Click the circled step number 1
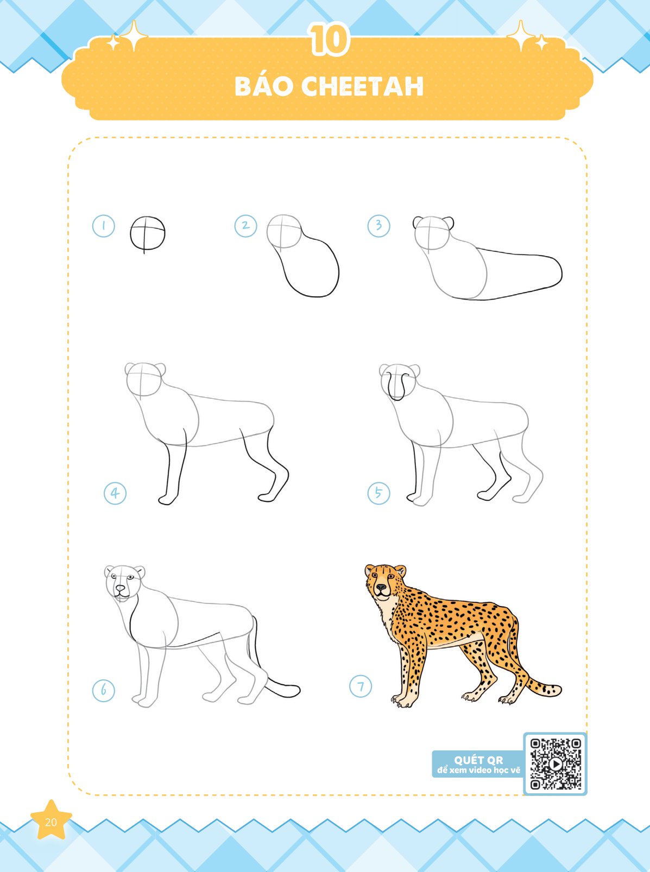pyautogui.click(x=104, y=226)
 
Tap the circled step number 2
pyautogui.click(x=245, y=226)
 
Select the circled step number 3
pyautogui.click(x=378, y=225)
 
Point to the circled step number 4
pyautogui.click(x=115, y=493)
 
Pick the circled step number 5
pyautogui.click(x=378, y=493)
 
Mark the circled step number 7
pyautogui.click(x=361, y=686)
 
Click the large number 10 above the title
pyautogui.click(x=329, y=40)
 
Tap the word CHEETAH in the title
pyautogui.click(x=362, y=86)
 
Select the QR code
pyautogui.click(x=555, y=765)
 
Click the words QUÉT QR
pyautogui.click(x=478, y=760)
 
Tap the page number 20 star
pyautogui.click(x=51, y=822)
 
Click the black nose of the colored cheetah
pyautogui.click(x=381, y=588)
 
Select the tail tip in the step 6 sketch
pyautogui.click(x=293, y=690)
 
